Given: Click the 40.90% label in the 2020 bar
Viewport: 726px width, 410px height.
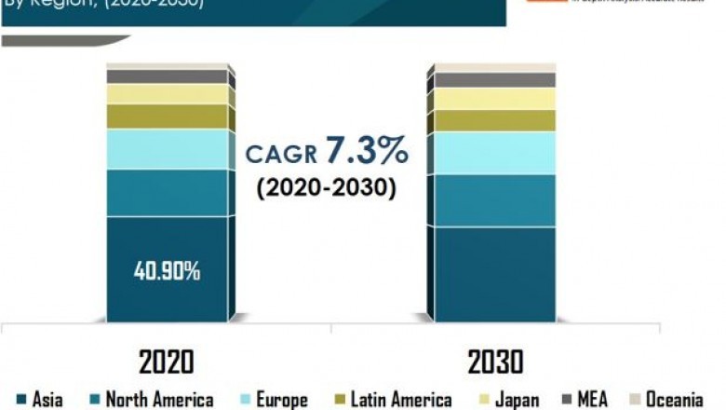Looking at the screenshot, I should (168, 271).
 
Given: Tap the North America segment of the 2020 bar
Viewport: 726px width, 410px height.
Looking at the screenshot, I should (168, 193).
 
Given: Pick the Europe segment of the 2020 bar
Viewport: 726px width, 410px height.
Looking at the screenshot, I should (168, 149).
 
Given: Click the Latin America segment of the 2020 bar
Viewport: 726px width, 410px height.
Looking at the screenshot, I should (168, 116).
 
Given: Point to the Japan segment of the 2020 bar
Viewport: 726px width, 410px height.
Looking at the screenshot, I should (168, 94).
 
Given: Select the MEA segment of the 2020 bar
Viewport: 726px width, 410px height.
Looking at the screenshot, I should (168, 76).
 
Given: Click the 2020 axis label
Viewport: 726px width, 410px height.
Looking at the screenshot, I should (168, 360).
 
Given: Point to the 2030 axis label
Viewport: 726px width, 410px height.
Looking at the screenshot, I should (493, 360).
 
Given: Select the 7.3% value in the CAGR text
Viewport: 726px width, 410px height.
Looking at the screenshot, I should (366, 151).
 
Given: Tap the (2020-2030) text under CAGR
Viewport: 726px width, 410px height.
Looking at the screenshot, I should (326, 186).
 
